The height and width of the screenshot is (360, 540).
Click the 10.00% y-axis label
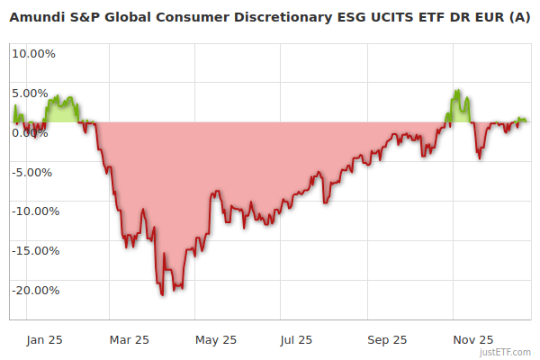click(33, 53)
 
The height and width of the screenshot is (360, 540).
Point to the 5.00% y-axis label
click(33, 93)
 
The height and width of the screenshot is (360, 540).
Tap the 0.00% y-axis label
click(33, 132)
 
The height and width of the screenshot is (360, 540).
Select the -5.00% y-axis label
click(35, 172)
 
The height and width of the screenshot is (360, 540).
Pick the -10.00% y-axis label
click(35, 211)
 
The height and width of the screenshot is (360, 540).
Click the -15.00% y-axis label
click(35, 251)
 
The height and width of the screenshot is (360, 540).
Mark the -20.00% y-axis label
click(35, 291)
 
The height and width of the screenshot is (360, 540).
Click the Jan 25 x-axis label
click(44, 339)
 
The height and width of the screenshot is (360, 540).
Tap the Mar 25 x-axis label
click(130, 339)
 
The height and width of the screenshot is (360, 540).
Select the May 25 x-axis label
click(216, 339)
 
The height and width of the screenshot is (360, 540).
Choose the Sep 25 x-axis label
click(388, 339)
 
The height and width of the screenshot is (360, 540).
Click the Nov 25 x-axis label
click(472, 339)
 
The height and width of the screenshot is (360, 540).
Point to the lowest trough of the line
click(162, 294)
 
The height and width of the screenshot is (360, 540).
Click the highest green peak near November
click(458, 90)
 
